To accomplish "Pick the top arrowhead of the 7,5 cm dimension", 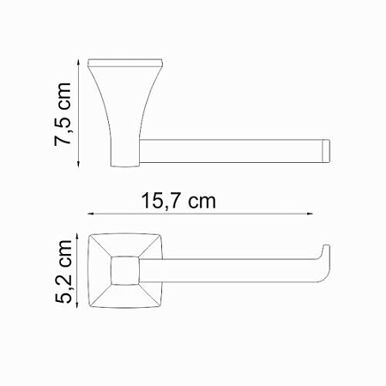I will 79,62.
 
